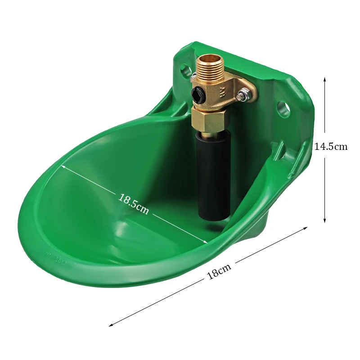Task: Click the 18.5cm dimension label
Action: click(x=133, y=204)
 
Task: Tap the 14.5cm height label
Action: click(x=331, y=146)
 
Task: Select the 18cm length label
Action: click(x=219, y=271)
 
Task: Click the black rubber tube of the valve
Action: click(x=213, y=177)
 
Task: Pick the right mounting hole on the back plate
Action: click(x=283, y=108)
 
